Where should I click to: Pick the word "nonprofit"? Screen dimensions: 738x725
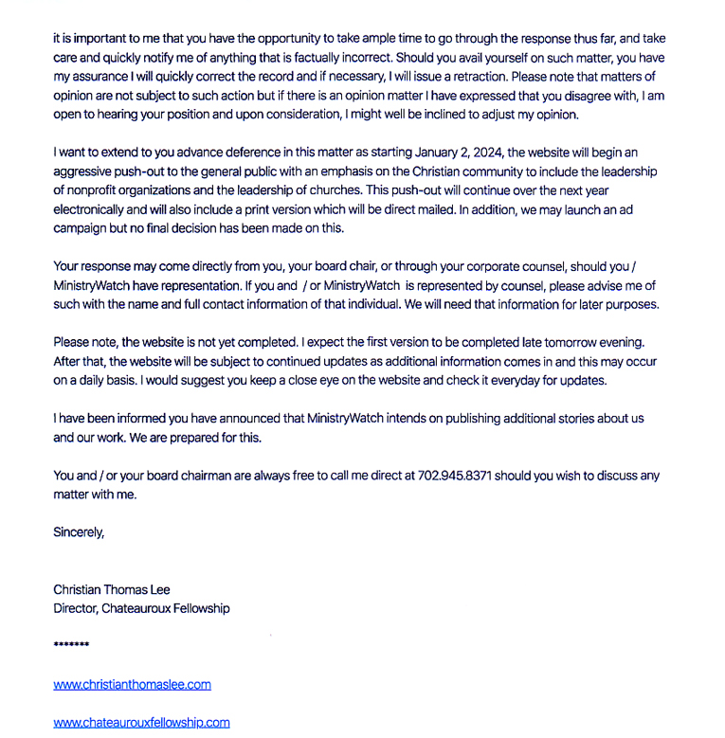point(97,189)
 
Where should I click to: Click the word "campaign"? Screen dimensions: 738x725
point(82,227)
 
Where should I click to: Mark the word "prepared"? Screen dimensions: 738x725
point(213,437)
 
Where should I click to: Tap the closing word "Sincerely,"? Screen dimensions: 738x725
point(79,531)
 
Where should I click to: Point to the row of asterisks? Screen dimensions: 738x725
point(71,646)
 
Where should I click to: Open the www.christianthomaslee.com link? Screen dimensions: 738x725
point(132,684)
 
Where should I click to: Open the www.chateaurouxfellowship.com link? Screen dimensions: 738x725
point(141,722)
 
